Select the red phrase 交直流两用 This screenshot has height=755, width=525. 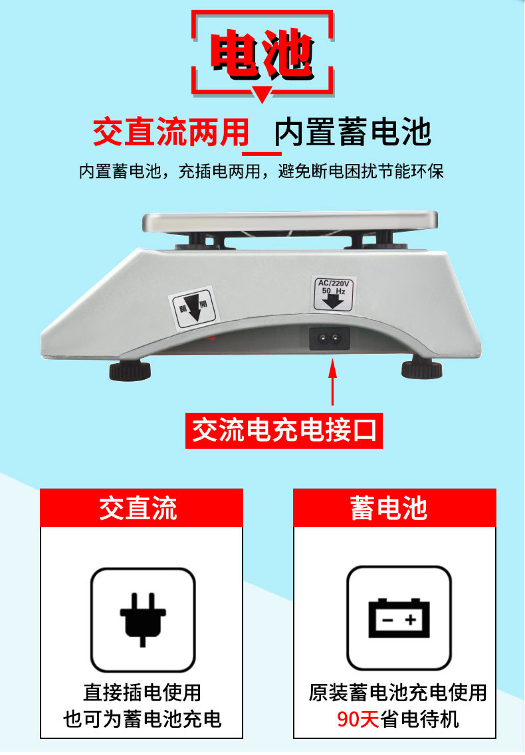[x=171, y=131]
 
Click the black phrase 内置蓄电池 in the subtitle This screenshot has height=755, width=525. [x=353, y=131]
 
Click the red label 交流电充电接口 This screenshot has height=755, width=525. [x=284, y=430]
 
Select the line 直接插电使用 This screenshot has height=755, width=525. [x=142, y=693]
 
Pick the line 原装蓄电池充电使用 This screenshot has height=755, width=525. [x=397, y=693]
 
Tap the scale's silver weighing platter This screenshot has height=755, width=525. [x=291, y=222]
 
